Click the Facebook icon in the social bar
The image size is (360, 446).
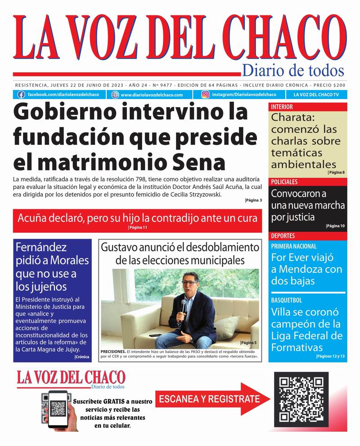[x=21, y=95]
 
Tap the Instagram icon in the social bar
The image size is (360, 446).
[x=205, y=95]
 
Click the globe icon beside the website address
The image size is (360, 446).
[x=115, y=95]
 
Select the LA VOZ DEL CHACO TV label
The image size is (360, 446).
[x=316, y=95]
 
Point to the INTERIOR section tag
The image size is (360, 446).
[x=282, y=107]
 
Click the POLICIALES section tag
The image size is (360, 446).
[x=284, y=182]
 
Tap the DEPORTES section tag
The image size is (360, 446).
[x=283, y=236]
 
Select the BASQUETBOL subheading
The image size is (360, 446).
[x=286, y=300]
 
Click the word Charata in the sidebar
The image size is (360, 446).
[x=289, y=119]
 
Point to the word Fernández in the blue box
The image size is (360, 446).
[x=41, y=247]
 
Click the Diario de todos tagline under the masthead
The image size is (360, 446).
[x=293, y=71]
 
